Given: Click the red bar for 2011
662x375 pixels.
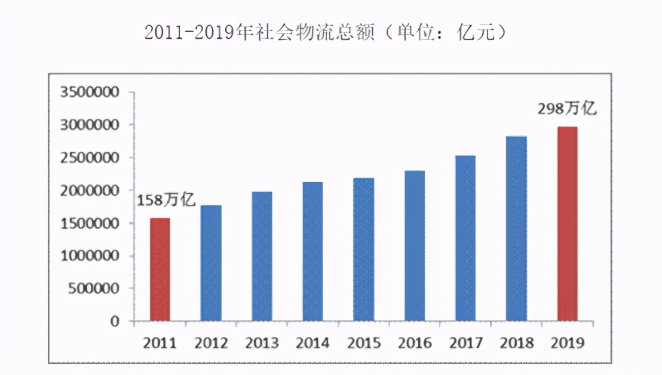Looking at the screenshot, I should click(160, 270).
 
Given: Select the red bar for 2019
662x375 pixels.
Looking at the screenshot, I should click(567, 224).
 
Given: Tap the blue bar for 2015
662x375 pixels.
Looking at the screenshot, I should click(363, 250).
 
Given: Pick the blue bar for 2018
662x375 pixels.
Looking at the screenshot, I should click(516, 229).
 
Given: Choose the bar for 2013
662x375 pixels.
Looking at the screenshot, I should click(262, 256).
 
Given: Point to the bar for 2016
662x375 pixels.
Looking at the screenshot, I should click(414, 246).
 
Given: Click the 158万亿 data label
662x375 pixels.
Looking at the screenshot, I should click(167, 200).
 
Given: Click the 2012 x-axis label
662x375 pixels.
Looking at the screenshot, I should click(211, 343).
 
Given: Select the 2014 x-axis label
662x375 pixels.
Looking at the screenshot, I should click(312, 343).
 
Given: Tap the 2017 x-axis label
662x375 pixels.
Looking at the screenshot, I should click(465, 343).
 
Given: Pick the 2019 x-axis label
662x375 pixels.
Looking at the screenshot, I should click(567, 343).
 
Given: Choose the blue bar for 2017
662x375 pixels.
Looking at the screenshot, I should click(465, 238).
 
